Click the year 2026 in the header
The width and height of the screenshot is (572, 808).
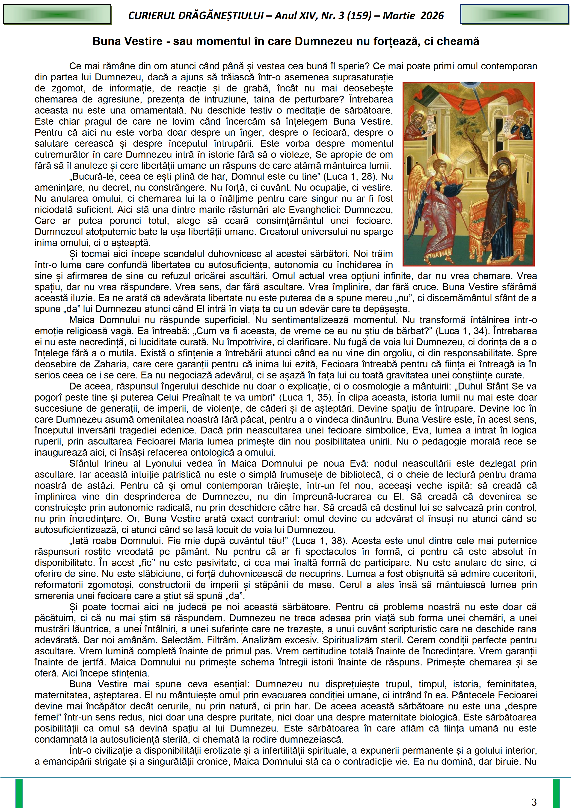432,15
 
